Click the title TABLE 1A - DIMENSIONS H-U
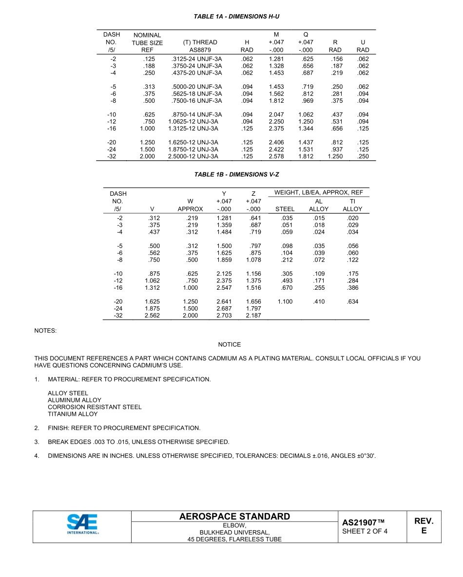tap(236, 17)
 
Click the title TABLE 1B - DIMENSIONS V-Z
tap(236, 174)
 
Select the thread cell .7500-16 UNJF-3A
tap(196, 101)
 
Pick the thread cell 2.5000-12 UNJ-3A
tap(193, 156)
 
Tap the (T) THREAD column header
tap(200, 42)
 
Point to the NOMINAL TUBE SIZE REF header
tap(147, 42)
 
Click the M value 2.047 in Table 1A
tap(276, 115)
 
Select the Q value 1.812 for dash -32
tap(306, 156)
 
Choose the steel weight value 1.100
tap(285, 302)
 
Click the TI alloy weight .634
tap(352, 302)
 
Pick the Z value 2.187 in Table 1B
tap(253, 316)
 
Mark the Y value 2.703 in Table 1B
tap(224, 316)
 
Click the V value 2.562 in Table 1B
tap(153, 316)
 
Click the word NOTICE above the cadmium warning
tap(230, 345)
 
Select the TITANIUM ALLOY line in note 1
tap(73, 414)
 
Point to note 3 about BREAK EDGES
tap(138, 442)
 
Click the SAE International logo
tap(82, 525)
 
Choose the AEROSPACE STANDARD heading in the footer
tap(234, 517)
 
